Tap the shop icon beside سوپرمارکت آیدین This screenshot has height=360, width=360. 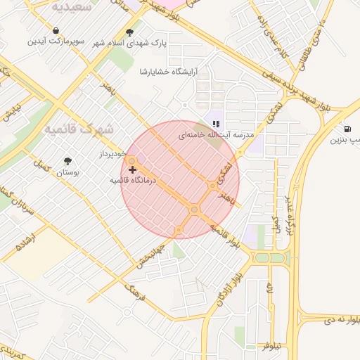56,31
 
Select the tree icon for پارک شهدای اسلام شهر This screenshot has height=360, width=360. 130,32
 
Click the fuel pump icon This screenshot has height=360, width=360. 348,129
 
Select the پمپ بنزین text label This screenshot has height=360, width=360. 345,140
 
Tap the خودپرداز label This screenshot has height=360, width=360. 112,153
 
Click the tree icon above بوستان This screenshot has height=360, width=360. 67,161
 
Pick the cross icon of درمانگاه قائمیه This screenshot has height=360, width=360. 132,169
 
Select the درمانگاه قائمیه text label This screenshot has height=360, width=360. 136,181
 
